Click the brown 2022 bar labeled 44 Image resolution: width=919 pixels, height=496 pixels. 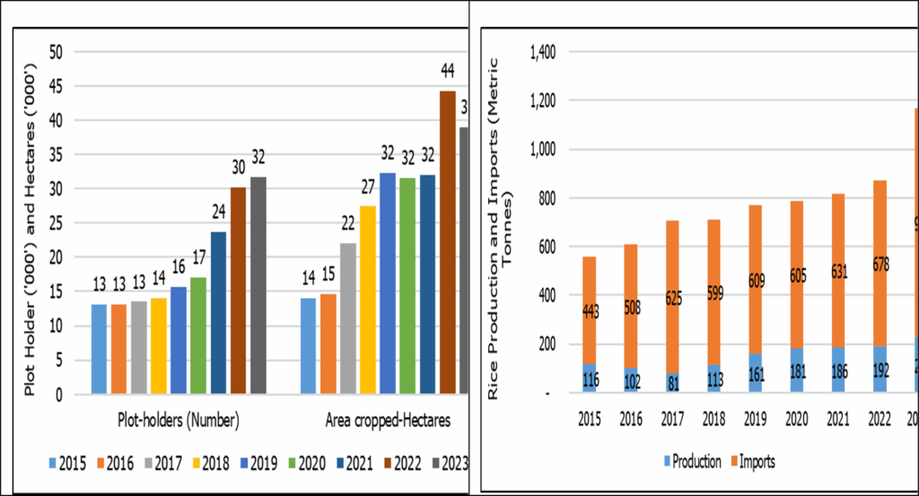(x=447, y=242)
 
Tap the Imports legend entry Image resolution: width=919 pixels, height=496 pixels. (x=750, y=461)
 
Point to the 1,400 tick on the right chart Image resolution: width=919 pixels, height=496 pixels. (x=544, y=52)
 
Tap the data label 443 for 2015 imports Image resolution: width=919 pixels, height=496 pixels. (x=590, y=310)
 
